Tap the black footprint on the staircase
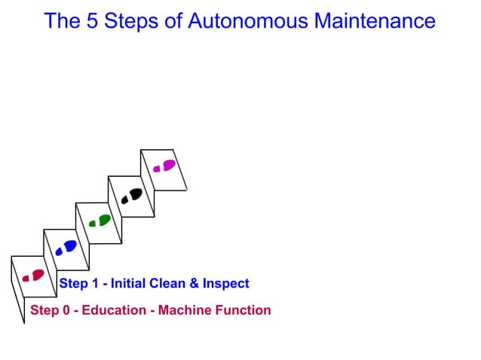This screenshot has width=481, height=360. (132, 195)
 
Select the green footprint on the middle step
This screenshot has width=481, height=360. (100, 221)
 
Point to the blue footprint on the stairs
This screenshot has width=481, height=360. (66, 247)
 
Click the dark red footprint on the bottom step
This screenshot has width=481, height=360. (33, 276)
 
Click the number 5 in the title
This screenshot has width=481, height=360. (90, 20)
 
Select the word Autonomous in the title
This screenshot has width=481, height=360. (250, 20)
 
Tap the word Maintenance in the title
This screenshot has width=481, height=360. (375, 20)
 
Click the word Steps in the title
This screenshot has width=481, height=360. (132, 20)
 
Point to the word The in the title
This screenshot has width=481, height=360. (62, 20)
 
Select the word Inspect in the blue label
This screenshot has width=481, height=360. (225, 284)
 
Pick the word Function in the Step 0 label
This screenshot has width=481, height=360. (242, 310)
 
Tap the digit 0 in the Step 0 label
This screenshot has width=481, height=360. (64, 310)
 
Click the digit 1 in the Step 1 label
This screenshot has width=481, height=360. (93, 284)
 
